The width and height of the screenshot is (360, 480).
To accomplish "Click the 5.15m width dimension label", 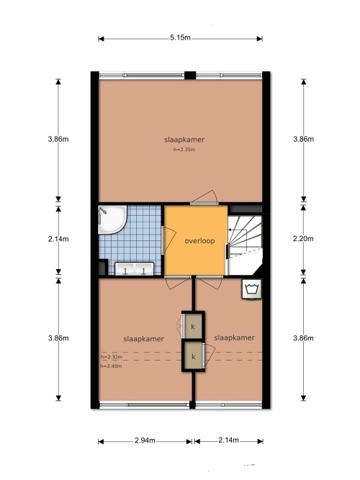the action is tap(180, 37).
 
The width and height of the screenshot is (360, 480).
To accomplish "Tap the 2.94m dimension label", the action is tap(145, 440).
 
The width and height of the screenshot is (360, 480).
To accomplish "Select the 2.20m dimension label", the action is tap(303, 238).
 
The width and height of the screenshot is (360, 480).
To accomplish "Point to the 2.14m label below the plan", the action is tap(228, 440).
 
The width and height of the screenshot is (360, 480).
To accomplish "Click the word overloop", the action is tap(199, 241).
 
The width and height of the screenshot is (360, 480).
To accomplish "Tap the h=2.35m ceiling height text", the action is tap(184, 150).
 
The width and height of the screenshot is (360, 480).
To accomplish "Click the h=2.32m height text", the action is tap(112, 357).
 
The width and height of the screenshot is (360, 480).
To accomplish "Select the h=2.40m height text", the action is tap(111, 366).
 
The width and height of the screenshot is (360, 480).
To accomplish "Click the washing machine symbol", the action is tap(252, 289).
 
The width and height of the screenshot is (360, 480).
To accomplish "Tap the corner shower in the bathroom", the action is tap(112, 219).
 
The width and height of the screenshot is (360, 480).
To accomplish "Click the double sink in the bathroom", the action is tap(134, 268).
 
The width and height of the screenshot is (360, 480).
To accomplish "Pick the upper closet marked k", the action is tap(193, 326).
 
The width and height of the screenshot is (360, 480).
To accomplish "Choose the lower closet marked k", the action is tap(194, 356).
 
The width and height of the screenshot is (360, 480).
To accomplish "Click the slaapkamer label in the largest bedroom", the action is tap(184, 140).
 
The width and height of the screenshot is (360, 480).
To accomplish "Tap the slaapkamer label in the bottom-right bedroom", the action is tap(235, 338).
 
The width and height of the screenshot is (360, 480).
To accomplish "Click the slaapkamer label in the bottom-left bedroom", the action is tap(144, 339).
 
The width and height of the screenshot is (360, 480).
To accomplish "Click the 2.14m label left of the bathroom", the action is tap(58, 239).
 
